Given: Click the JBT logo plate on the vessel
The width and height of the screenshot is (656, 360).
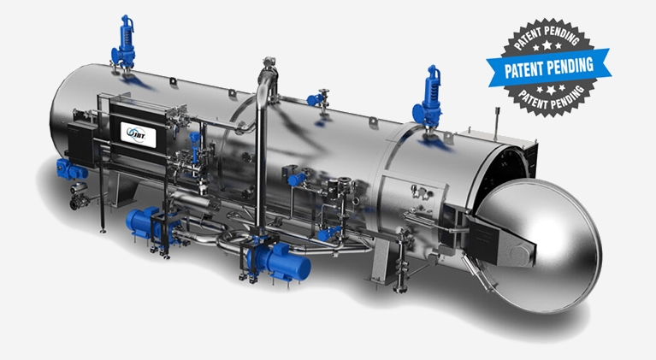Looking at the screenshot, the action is [x=138, y=134].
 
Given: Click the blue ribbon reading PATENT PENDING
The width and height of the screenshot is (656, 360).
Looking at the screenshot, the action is [x=548, y=67].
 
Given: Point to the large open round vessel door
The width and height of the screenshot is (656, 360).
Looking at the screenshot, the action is [x=540, y=245].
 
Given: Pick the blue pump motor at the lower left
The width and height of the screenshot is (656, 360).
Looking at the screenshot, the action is [x=142, y=221].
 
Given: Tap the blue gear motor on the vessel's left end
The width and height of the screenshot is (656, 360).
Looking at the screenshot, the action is [x=71, y=169].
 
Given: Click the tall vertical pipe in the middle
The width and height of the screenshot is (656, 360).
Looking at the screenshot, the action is [x=262, y=159].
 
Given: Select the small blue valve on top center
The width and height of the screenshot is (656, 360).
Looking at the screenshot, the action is [x=314, y=99].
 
